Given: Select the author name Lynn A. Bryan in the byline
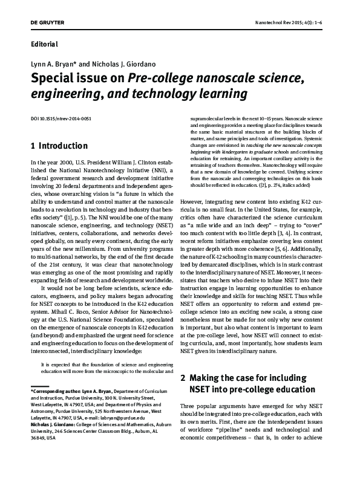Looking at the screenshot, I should (54, 64).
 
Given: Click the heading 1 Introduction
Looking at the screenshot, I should (59, 146).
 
